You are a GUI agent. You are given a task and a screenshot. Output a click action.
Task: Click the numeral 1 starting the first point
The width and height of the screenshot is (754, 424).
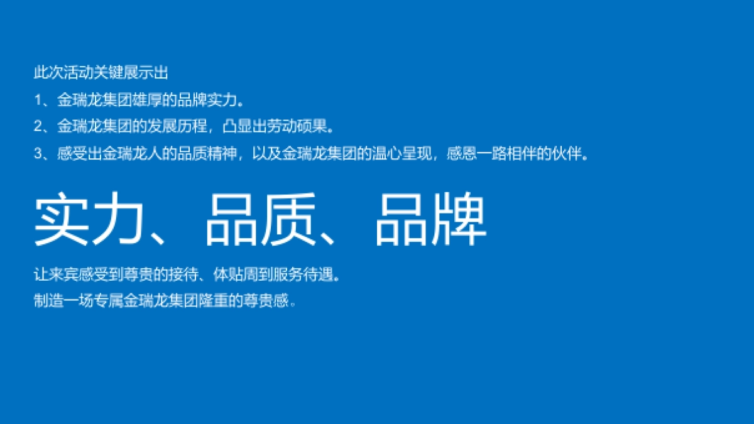point(37,99)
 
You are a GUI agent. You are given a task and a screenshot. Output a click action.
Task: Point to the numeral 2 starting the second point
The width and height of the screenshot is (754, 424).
point(38,126)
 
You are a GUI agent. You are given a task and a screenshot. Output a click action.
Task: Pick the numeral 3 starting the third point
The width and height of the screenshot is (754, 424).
point(38,153)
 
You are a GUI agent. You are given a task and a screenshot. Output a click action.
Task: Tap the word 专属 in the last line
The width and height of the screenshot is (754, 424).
point(108,301)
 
